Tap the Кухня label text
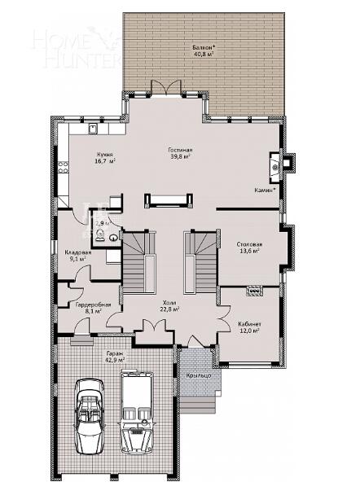pyautogui.click(x=104, y=157)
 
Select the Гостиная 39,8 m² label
pyautogui.click(x=180, y=154)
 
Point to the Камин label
pyautogui.click(x=266, y=190)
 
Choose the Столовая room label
pyautogui.click(x=248, y=248)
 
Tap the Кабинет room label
pyautogui.click(x=248, y=327)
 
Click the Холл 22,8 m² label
pyautogui.click(x=169, y=306)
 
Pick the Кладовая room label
pyautogui.click(x=78, y=256)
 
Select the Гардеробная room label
pyautogui.click(x=87, y=308)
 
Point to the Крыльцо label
pyautogui.click(x=199, y=375)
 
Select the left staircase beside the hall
pyautogui.click(x=138, y=261)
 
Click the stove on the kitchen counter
pyautogui.click(x=62, y=168)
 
